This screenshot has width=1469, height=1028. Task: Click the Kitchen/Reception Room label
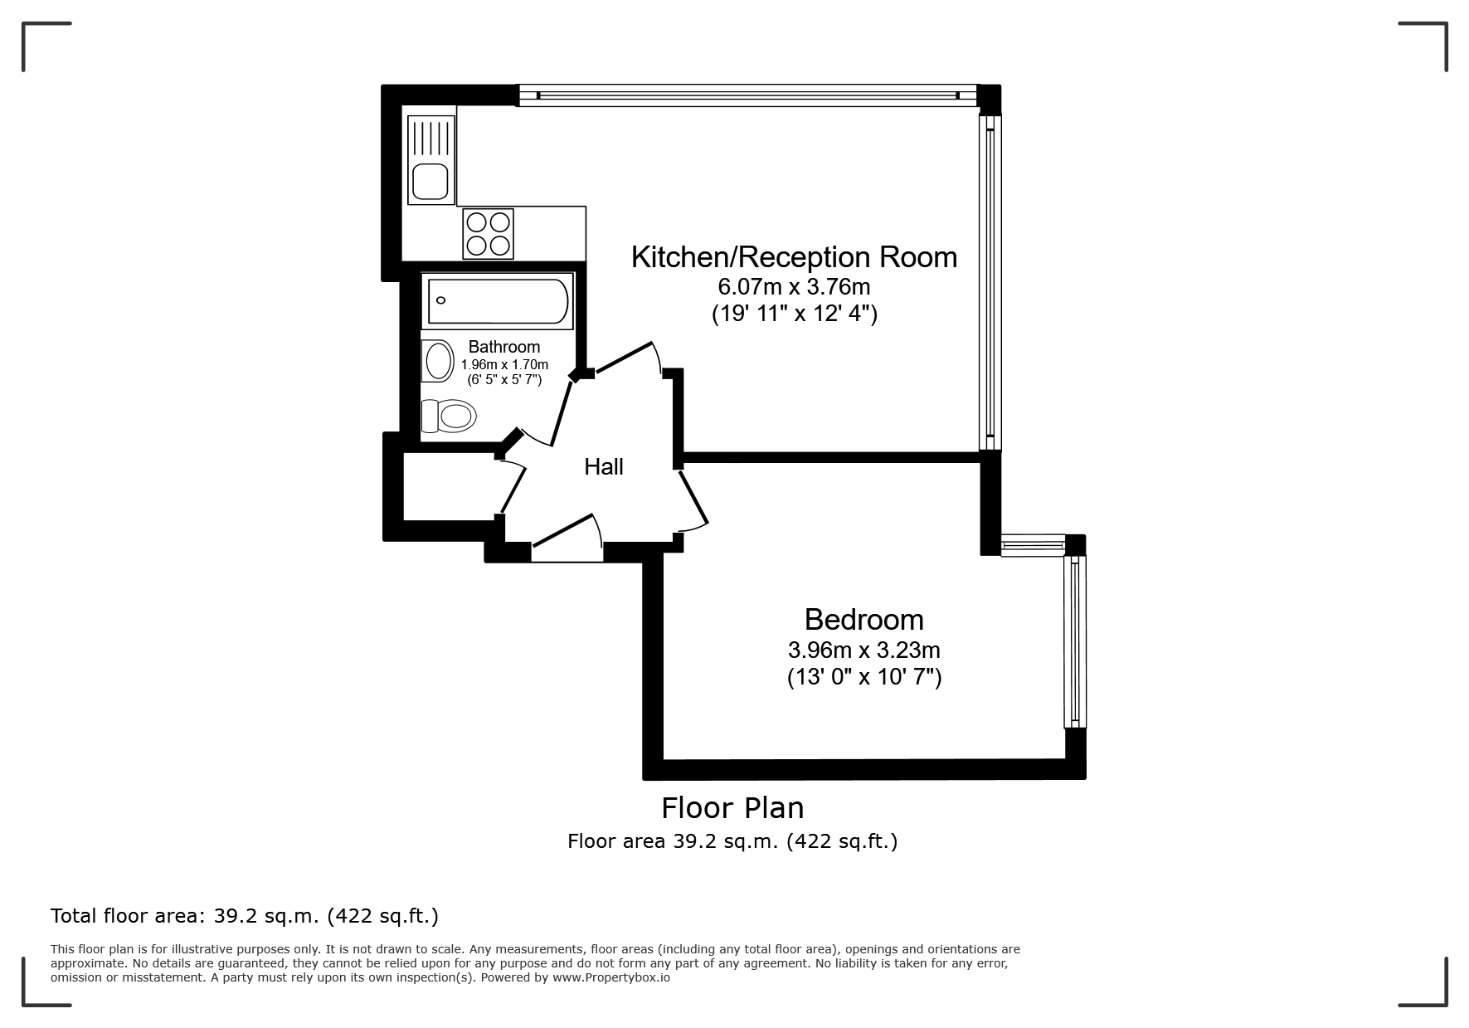click(x=794, y=257)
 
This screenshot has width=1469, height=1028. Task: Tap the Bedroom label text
click(x=863, y=620)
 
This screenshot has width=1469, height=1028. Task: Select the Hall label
click(x=604, y=467)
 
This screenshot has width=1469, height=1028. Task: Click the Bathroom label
click(x=504, y=347)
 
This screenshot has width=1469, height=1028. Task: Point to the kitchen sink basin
click(x=430, y=182)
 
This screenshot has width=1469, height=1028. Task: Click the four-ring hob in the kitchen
click(x=489, y=234)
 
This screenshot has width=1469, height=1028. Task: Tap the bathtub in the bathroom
click(x=499, y=301)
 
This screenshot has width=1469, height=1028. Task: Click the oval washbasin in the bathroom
click(x=439, y=361)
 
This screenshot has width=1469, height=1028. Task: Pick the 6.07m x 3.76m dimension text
click(x=794, y=287)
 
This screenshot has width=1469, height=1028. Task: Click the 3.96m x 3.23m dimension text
click(x=863, y=650)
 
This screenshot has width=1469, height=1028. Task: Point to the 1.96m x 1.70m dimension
click(x=504, y=365)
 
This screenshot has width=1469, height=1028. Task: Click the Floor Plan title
click(x=732, y=808)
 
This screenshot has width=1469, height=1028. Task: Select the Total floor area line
click(x=245, y=916)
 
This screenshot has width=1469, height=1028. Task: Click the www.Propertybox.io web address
click(x=611, y=977)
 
